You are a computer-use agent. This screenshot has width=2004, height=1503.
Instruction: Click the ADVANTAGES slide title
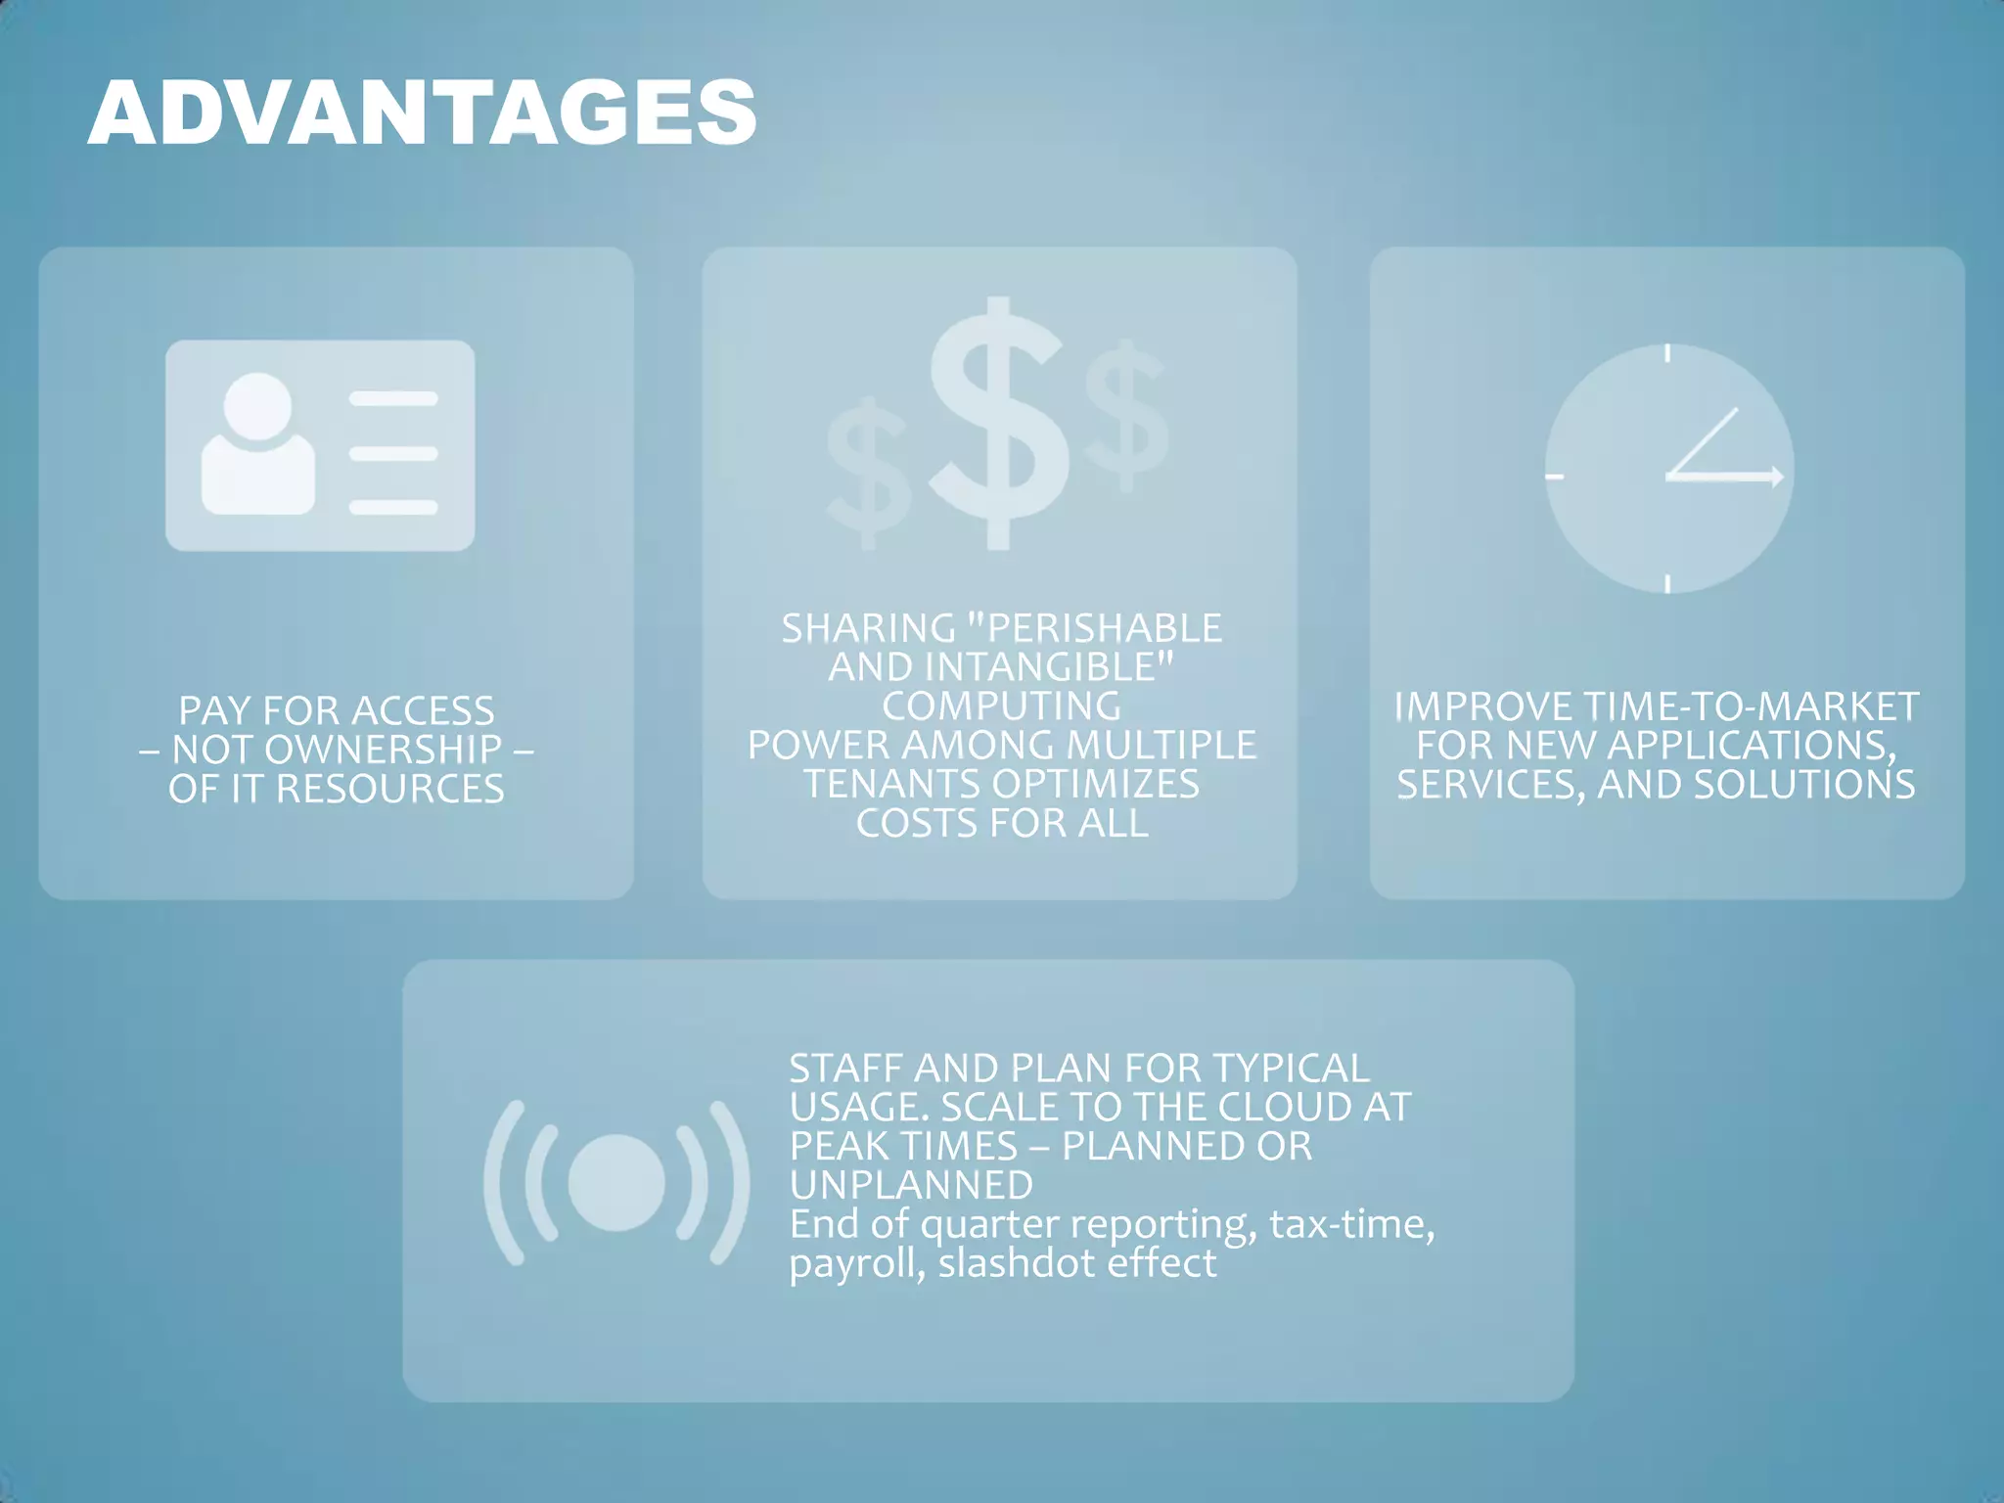coord(422,114)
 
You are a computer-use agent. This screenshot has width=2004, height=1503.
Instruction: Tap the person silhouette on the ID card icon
coord(258,445)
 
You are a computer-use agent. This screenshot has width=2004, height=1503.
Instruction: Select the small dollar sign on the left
coord(867,474)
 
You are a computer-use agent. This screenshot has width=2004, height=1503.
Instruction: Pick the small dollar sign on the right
coord(1126,417)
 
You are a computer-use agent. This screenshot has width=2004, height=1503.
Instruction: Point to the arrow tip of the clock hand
coord(1777,477)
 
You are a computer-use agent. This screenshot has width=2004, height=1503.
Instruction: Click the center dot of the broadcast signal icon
coord(616,1182)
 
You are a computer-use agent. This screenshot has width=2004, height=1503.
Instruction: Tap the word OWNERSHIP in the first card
coord(384,750)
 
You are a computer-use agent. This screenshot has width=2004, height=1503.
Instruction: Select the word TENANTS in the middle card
coord(891,784)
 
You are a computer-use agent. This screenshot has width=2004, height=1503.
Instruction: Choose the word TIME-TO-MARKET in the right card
coord(1751,706)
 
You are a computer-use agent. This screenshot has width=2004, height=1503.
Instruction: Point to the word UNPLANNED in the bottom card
coord(911,1185)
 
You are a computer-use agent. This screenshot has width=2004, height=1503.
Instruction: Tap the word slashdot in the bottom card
coord(1017,1263)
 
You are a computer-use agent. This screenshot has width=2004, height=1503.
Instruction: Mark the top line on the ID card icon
coord(393,398)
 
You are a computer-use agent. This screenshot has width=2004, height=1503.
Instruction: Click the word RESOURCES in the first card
coord(390,789)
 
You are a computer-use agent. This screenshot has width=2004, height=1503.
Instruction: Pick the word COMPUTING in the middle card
coord(1001,706)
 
